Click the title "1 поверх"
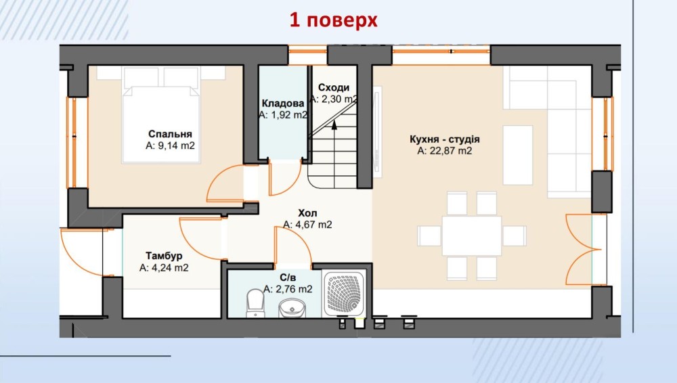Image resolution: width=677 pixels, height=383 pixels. tap(333, 20)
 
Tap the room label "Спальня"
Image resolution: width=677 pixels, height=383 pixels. tap(170, 134)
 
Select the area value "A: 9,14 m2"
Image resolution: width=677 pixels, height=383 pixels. tap(170, 145)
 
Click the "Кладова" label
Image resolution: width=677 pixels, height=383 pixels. tap(283, 104)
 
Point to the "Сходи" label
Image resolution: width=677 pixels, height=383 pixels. tap(333, 88)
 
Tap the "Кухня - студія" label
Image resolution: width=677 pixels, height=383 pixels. tap(445, 139)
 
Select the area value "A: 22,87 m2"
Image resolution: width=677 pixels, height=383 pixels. tap(445, 151)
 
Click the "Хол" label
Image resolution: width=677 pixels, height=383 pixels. tap(307, 213)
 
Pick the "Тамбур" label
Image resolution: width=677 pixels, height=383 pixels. tap(164, 256)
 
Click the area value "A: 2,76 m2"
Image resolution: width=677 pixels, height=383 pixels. tap(288, 289)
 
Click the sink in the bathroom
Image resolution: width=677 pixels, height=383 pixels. tap(292, 309)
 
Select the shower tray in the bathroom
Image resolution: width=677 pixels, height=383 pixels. tap(345, 294)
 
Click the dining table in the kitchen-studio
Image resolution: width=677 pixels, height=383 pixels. tap(471, 235)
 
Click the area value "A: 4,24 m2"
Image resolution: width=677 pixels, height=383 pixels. tap(164, 268)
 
